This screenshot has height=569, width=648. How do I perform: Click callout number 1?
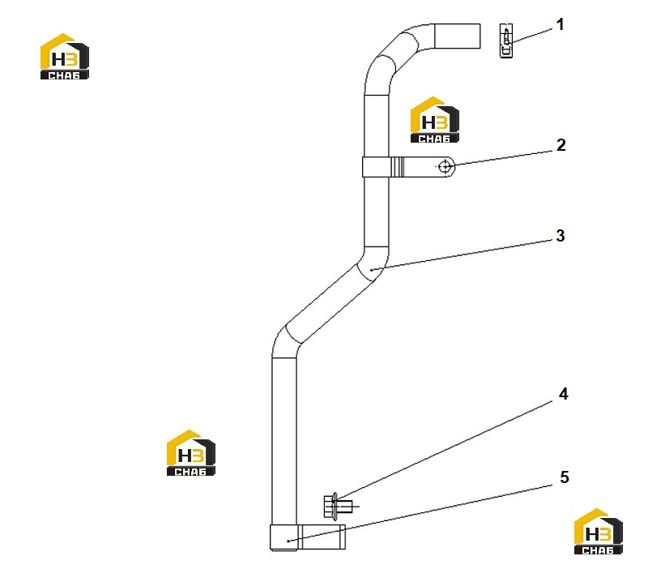[x=560, y=24]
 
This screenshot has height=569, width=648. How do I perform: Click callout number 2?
[x=561, y=145]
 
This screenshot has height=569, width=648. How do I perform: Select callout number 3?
[x=560, y=236]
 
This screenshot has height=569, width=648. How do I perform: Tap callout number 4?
[x=563, y=394]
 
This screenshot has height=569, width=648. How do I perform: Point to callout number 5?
[x=564, y=477]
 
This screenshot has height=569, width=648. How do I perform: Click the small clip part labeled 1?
[x=506, y=41]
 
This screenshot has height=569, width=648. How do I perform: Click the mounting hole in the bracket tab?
[x=445, y=167]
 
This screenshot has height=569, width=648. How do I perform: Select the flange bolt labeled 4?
[x=338, y=505]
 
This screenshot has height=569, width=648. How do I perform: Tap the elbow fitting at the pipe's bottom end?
[x=308, y=537]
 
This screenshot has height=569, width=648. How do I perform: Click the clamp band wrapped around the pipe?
[x=376, y=167]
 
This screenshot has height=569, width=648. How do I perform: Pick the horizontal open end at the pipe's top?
[x=457, y=36]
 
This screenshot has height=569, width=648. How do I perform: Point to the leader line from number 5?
[x=420, y=513]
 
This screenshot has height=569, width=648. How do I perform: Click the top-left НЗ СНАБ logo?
[x=65, y=56]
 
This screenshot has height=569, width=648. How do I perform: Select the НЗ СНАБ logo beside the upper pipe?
[x=435, y=120]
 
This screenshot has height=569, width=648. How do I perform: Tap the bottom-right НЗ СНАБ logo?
[x=599, y=532]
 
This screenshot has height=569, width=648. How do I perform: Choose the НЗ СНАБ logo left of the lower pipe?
[x=191, y=453]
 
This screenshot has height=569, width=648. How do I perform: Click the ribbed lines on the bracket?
[x=398, y=167]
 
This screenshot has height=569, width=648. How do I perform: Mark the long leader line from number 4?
[x=443, y=450]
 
